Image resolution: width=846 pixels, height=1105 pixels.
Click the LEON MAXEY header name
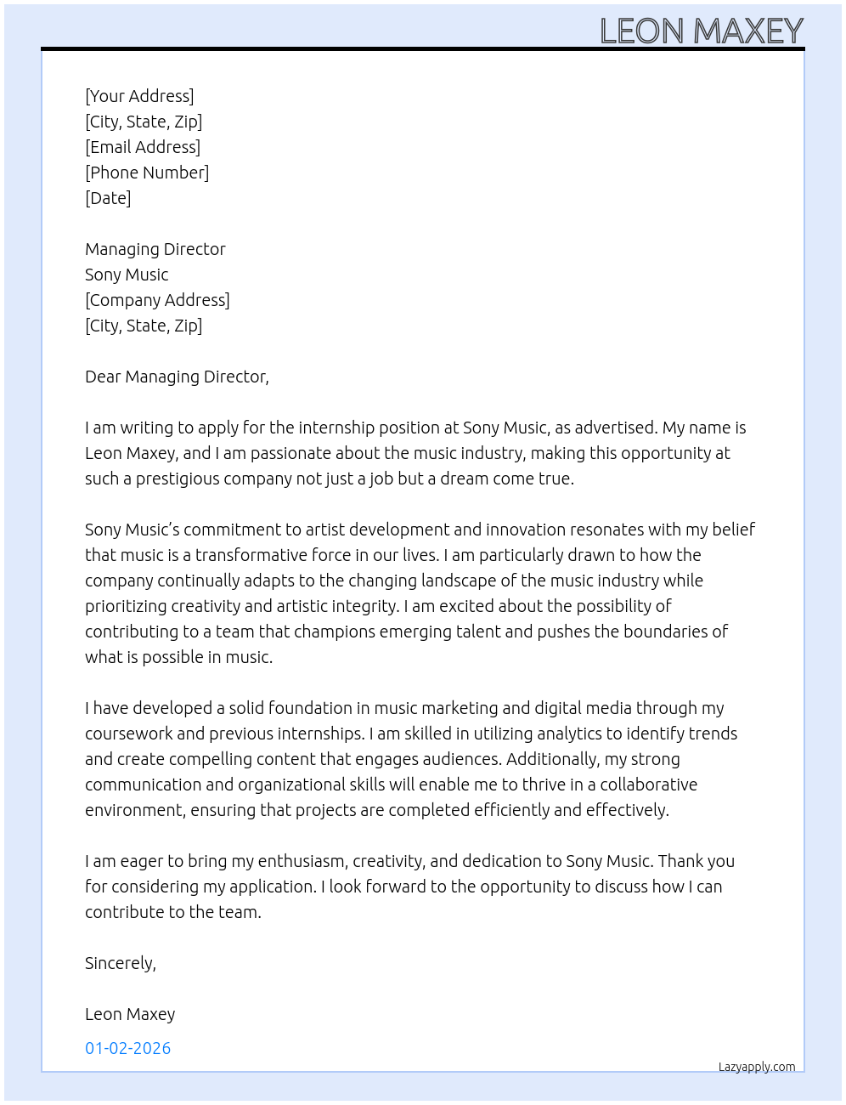702,31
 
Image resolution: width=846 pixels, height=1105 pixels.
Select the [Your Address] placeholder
139,96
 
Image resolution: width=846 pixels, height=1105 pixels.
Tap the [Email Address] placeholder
143,147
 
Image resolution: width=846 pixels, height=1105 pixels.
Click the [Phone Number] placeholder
147,173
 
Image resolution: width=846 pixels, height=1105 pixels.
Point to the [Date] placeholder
108,198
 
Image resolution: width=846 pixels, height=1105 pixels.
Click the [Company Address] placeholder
157,300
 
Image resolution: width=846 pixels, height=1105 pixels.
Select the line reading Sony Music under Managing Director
127,275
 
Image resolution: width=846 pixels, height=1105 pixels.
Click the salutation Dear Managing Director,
177,377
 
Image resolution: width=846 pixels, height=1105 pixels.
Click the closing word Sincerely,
121,963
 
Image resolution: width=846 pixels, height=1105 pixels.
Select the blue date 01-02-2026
127,1048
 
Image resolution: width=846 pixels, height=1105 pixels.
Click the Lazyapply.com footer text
757,1067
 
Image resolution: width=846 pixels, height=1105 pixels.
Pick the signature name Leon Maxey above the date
130,1014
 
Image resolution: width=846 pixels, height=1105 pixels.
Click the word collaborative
637,785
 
